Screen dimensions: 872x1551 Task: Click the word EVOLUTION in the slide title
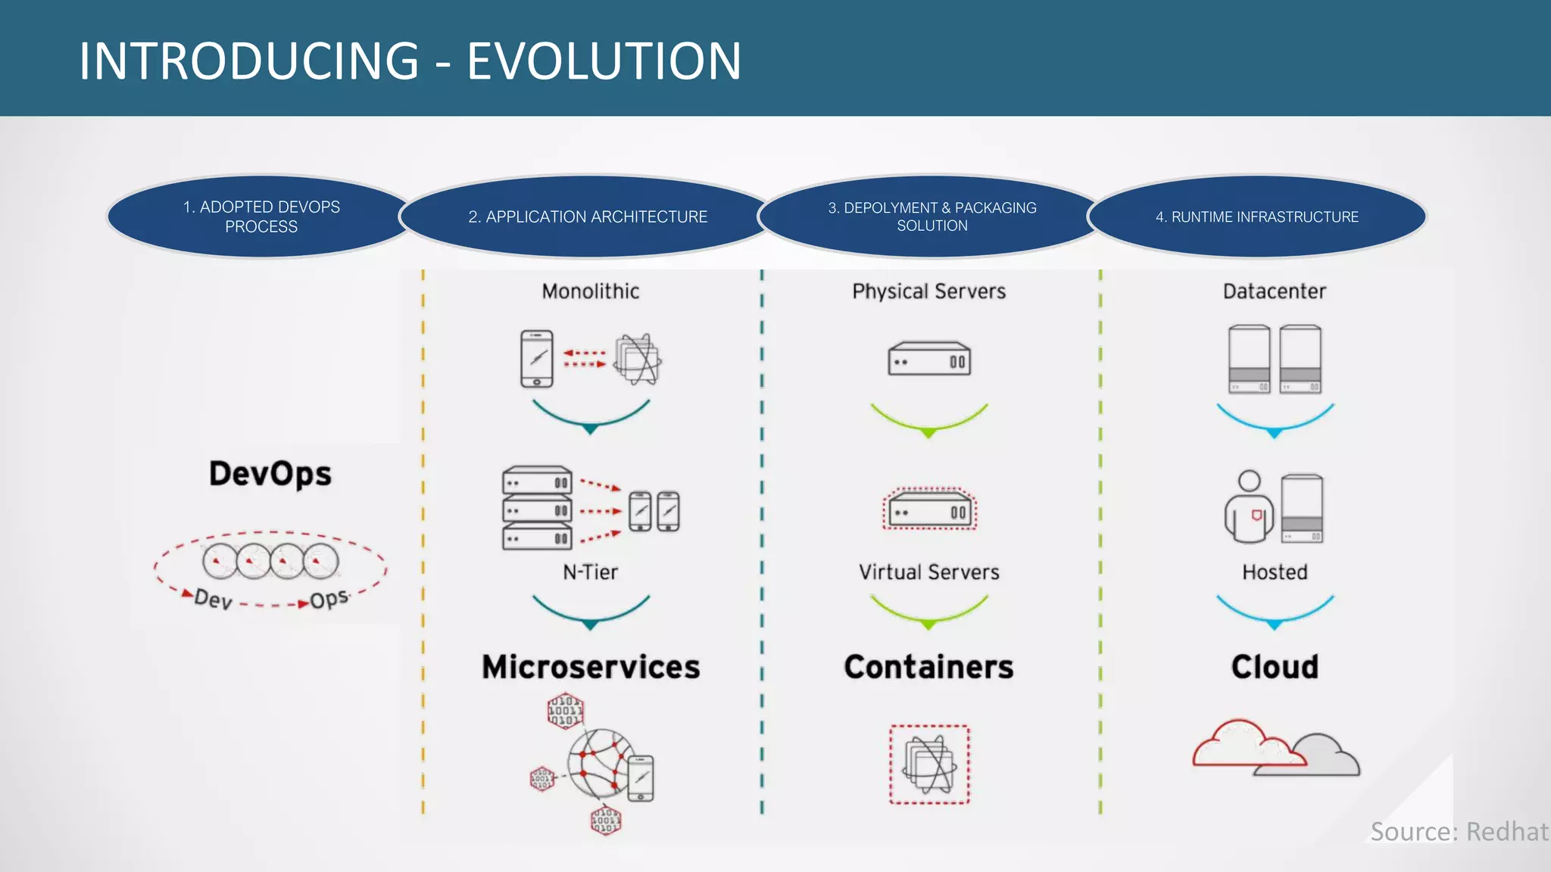pos(604,61)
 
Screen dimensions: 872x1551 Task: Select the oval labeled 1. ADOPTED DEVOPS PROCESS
pos(261,216)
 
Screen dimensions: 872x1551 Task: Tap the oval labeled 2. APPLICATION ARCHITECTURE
pos(588,216)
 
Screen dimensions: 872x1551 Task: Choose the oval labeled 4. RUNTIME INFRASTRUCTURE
pos(1257,216)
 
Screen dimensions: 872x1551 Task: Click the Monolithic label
pos(591,291)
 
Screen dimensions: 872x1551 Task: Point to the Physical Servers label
pos(929,291)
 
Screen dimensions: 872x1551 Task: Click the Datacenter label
pos(1275,291)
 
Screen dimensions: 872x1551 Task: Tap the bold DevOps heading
pos(270,474)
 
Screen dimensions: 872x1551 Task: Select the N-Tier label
pos(591,572)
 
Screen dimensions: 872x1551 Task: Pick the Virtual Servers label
pos(929,572)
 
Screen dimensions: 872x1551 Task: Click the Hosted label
pos(1275,572)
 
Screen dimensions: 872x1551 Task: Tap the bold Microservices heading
pos(591,667)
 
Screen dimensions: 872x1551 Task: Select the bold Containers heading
pos(929,667)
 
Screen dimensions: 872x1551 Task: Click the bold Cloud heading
pos(1275,667)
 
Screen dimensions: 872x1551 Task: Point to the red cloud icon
pos(1242,746)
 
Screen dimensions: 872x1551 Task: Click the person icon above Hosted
pos(1249,507)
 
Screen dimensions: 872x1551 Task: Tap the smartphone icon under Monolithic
pos(537,359)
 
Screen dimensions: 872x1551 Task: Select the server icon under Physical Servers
pos(929,359)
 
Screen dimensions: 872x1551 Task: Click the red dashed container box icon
pos(929,765)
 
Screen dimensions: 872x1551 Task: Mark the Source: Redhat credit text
pos(1459,832)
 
